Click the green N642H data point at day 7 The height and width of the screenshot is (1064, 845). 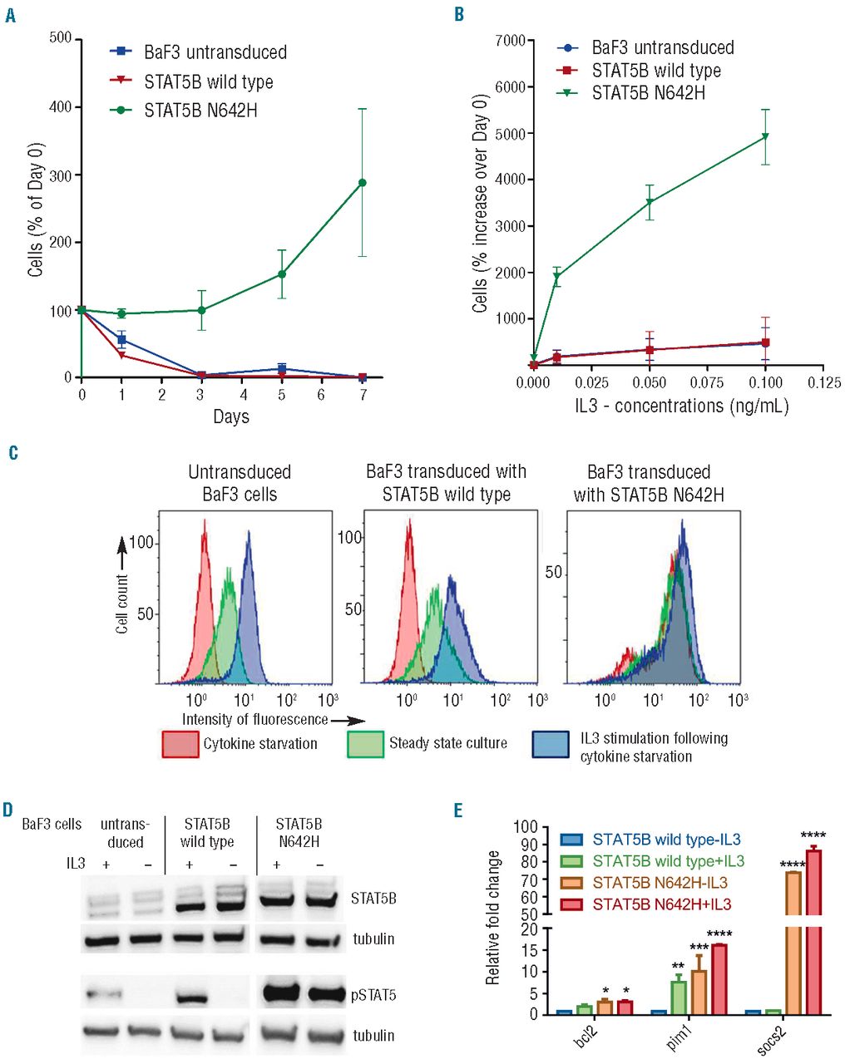362,183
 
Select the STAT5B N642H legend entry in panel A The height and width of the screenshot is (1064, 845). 200,110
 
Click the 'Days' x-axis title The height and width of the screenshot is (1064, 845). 230,416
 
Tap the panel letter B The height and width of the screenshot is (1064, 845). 459,15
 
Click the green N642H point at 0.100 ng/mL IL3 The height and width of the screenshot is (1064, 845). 765,136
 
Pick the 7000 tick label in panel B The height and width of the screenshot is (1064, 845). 510,41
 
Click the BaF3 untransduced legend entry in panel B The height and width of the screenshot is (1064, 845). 662,48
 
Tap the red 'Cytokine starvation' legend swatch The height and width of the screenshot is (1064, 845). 180,744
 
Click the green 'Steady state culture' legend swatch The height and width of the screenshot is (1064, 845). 365,744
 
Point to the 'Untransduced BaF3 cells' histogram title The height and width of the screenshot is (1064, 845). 240,483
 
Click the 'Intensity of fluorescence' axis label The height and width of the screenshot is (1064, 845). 254,720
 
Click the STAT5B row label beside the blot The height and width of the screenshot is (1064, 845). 373,899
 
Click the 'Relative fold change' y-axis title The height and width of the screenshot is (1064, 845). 493,919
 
